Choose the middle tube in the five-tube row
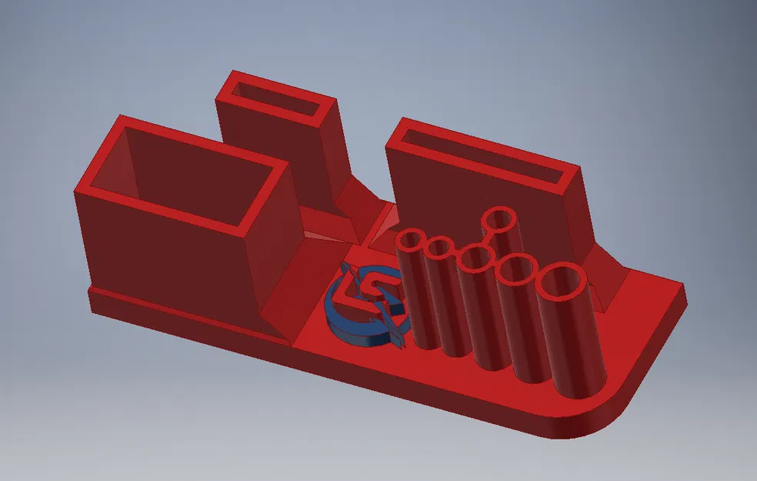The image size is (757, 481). [x=474, y=259]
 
